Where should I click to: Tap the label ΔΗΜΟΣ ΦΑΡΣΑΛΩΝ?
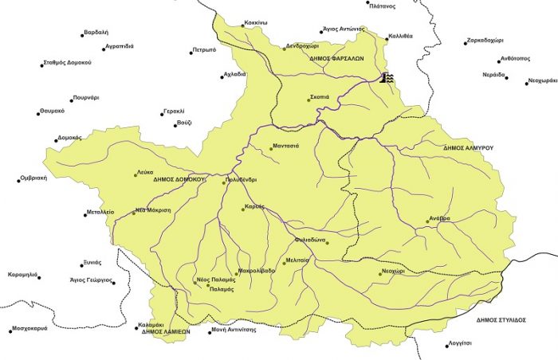336,58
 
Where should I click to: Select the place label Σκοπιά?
320,97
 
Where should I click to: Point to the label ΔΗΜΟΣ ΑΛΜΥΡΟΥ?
470,148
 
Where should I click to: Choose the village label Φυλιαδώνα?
312,241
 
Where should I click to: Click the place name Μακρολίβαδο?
256,271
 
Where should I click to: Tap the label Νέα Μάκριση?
152,210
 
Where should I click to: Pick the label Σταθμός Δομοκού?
68,62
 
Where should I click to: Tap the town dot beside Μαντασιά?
267,147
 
